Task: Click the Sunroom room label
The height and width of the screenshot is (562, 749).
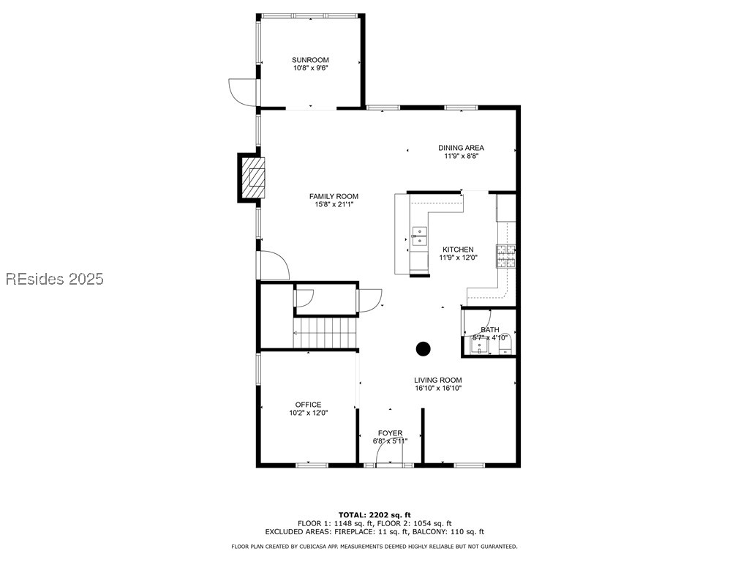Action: coord(310,60)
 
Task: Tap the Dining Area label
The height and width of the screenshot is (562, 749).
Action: coord(461,148)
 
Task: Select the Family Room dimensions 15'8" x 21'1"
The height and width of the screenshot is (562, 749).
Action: coord(334,205)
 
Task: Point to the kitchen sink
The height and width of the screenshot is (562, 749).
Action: coord(418,235)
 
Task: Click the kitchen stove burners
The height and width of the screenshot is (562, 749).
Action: coord(506,256)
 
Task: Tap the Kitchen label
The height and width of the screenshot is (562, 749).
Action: coord(457,250)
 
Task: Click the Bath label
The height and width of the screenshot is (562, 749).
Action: coord(489,330)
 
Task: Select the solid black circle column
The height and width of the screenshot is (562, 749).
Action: coord(424,349)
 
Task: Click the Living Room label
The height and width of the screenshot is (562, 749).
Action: coord(437,380)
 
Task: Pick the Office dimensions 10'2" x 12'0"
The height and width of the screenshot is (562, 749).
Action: coord(308,413)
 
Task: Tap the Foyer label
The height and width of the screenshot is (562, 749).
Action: coord(390,433)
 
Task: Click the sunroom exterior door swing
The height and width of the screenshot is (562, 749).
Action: coord(242,91)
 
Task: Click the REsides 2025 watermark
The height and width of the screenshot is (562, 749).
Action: coord(55,279)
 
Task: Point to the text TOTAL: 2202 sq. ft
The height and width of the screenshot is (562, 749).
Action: coord(374,514)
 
